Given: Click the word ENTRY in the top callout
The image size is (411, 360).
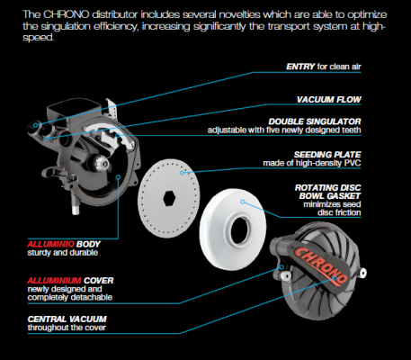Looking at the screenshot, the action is (300, 67).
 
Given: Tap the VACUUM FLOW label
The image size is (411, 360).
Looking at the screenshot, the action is (329, 100).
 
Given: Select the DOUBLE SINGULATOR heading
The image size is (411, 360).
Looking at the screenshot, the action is (315, 121).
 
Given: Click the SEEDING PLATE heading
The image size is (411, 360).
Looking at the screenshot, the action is (327, 155).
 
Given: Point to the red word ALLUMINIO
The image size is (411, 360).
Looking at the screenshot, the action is (50, 244).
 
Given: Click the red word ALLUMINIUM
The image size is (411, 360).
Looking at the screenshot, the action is (54, 281).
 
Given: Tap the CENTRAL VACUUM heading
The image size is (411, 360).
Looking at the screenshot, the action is (67, 319).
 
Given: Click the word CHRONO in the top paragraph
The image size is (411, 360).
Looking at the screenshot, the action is (67, 14).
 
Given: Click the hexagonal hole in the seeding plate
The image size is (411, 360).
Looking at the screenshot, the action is (169, 198).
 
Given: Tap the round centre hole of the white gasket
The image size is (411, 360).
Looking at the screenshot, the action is (239, 230).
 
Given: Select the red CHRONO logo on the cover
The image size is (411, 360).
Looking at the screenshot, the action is (319, 265).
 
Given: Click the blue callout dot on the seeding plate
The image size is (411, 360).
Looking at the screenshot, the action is (182, 173).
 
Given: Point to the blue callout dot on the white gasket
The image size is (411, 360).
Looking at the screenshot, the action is (243, 202).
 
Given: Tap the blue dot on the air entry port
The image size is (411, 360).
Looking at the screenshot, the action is (36, 125).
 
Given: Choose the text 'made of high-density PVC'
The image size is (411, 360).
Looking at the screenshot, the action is (312, 163).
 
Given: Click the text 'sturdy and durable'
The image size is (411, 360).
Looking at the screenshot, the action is (63, 253).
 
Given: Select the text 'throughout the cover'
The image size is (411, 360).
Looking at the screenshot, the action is (67, 328).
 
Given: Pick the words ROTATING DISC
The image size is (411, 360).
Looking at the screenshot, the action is (328, 188).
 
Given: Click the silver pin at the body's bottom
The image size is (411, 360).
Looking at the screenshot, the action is (76, 206).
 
